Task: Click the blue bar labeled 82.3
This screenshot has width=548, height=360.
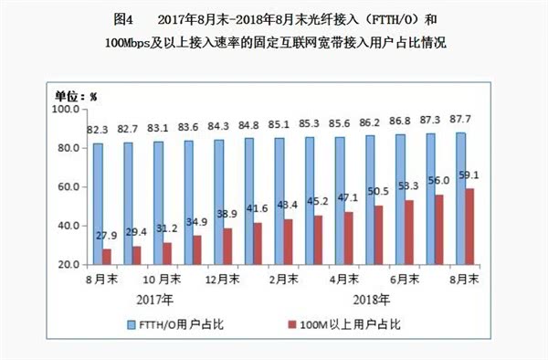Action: click(x=98, y=203)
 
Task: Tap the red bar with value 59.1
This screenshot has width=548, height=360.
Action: click(x=469, y=226)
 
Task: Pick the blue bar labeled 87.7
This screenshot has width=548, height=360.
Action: click(x=459, y=198)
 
